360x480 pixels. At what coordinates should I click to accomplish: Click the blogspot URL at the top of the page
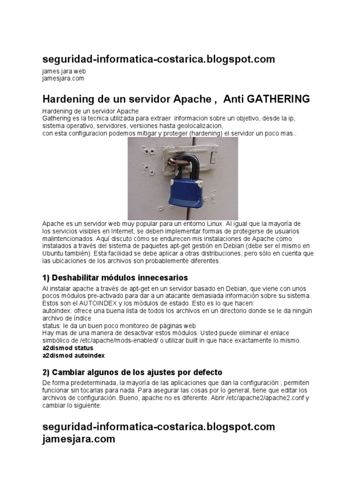(x=158, y=59)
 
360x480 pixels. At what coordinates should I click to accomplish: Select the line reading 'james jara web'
(x=64, y=71)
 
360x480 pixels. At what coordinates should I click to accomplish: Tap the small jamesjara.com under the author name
(x=63, y=78)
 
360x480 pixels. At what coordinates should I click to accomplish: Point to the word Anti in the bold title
(x=234, y=99)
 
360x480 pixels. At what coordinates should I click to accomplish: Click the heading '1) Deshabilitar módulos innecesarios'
(x=115, y=277)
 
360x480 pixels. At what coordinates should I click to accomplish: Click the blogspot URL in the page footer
(x=158, y=427)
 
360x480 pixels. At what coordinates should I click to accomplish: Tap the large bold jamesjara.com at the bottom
(x=78, y=439)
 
